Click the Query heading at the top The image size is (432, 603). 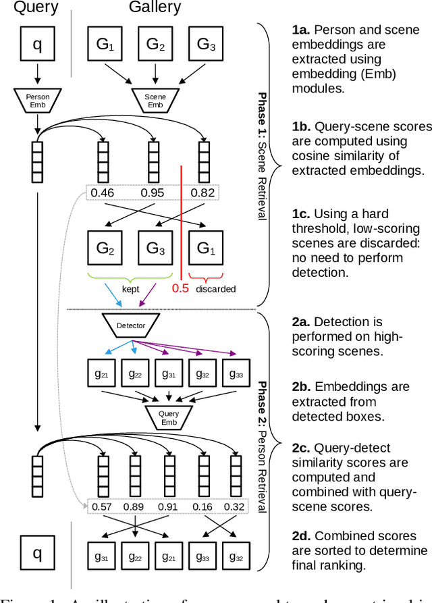[36, 8]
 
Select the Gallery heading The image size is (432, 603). [155, 8]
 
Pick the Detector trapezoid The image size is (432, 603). [130, 325]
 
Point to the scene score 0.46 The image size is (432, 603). [103, 193]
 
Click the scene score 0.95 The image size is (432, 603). [153, 193]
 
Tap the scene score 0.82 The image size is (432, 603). [202, 193]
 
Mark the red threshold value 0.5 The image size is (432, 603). [180, 288]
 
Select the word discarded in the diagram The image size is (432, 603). [215, 289]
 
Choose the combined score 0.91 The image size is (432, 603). [168, 506]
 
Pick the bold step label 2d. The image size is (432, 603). [302, 535]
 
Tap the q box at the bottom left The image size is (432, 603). [37, 554]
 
